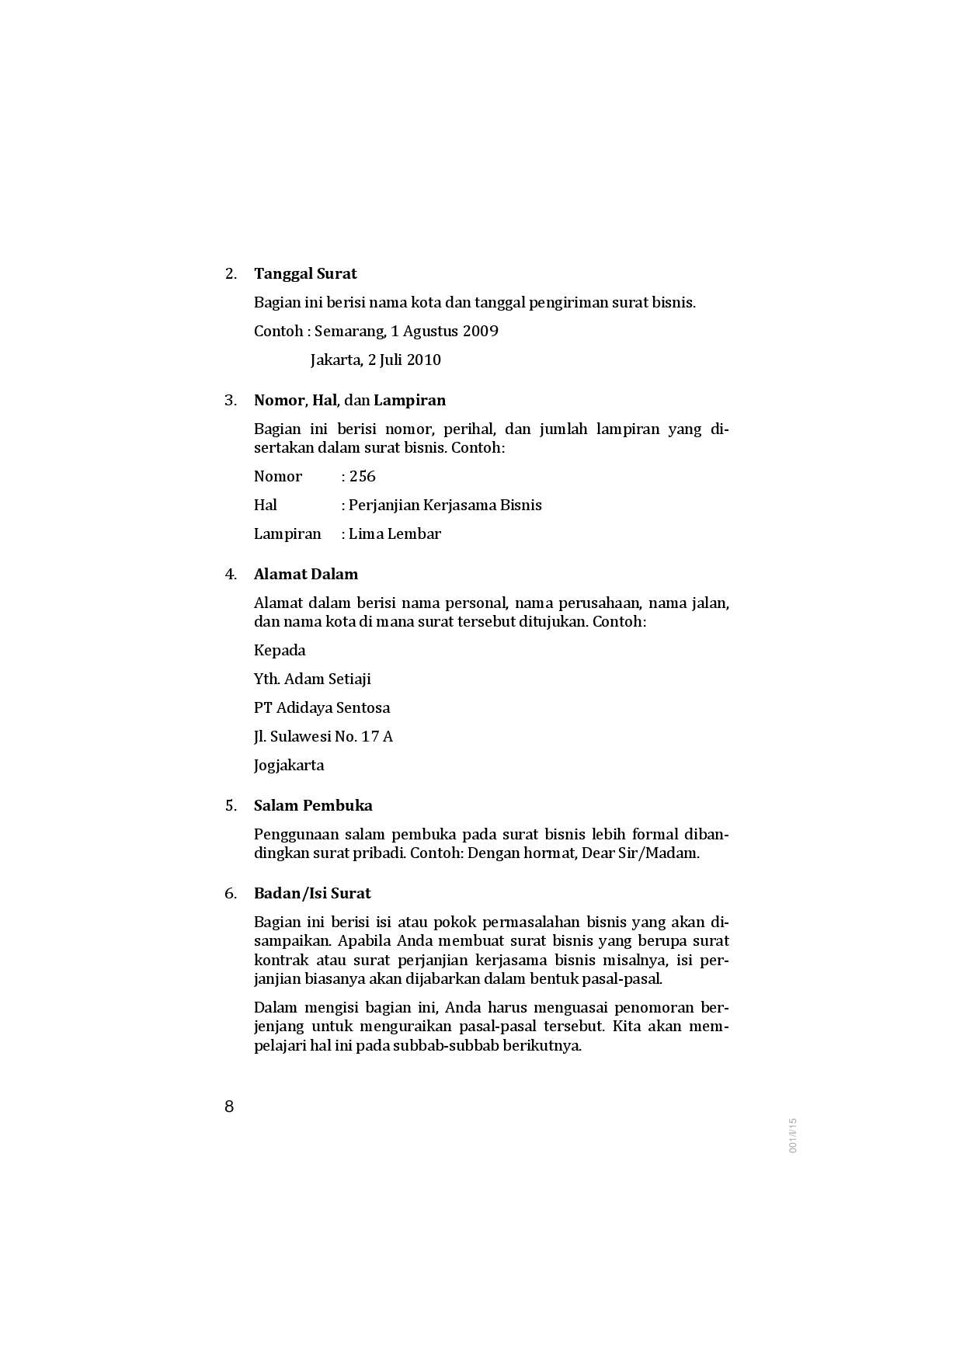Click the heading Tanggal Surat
pos(305,273)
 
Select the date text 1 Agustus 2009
pos(444,331)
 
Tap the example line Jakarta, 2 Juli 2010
pos(375,360)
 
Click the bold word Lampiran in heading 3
pos(409,400)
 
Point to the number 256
pos(363,476)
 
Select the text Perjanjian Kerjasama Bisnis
pos(445,505)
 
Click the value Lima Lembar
pos(395,533)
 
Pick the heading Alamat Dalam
pos(306,574)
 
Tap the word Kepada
pos(280,650)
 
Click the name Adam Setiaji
pos(328,679)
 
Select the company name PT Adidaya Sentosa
pos(322,707)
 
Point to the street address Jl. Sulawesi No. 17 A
pos(323,736)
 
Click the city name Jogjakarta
pos(289,765)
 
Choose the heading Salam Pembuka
pos(313,805)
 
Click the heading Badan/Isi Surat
pos(312,893)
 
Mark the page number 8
pos(229,1107)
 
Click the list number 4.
pos(230,574)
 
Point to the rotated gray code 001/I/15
pos(793,1135)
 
